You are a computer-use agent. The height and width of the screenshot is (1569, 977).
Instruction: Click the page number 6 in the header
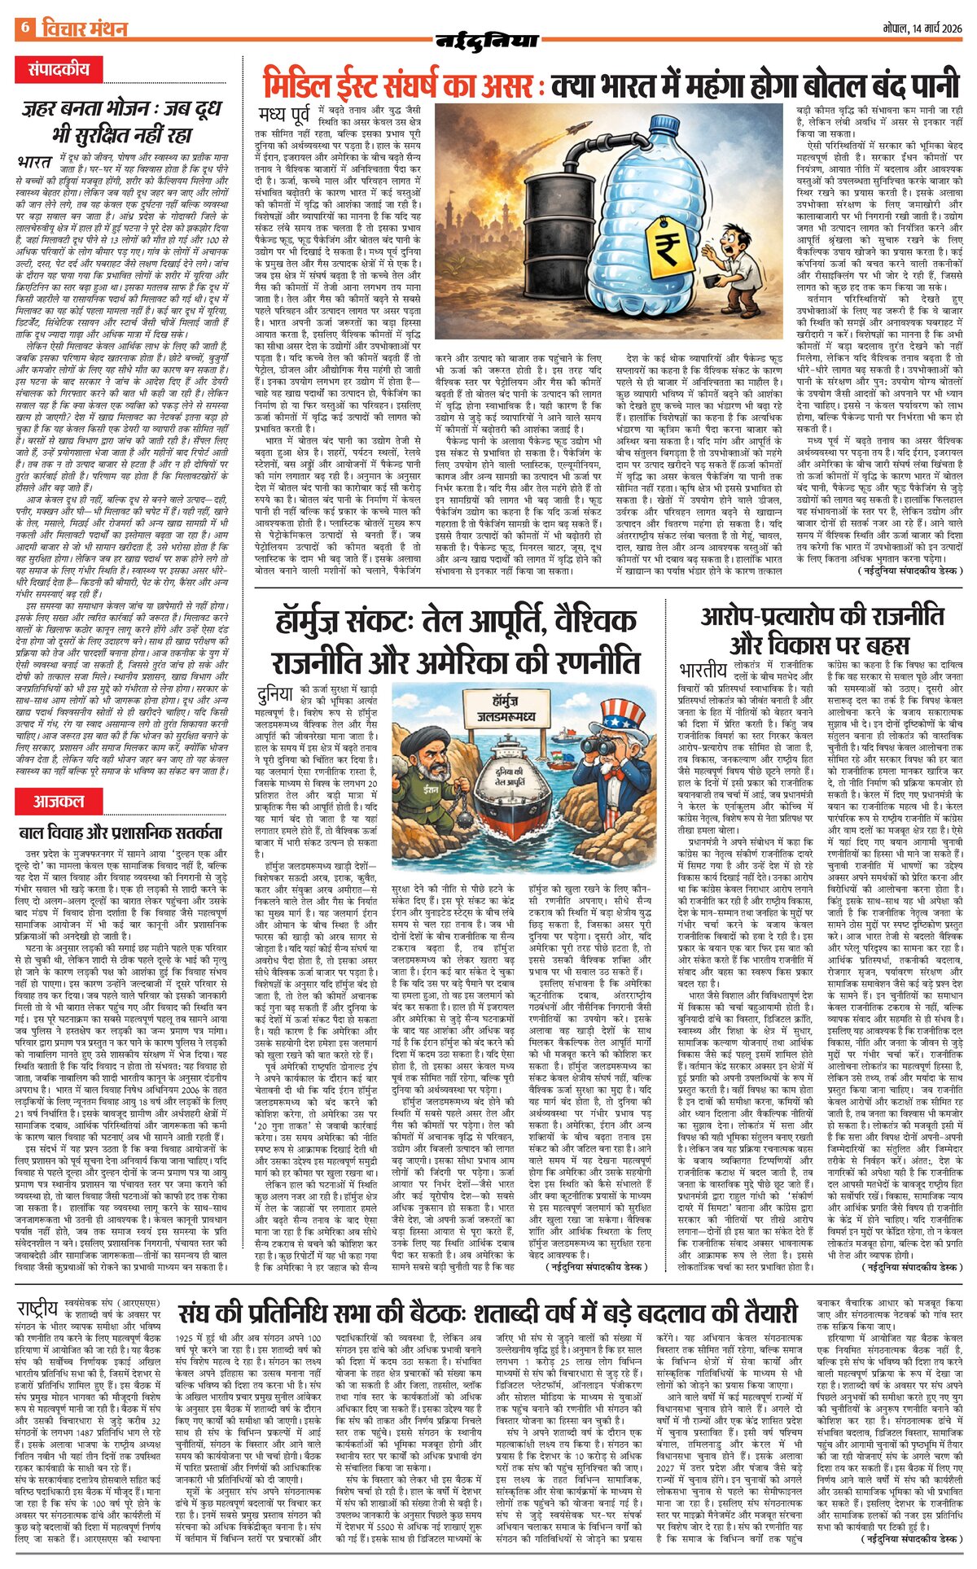tap(24, 28)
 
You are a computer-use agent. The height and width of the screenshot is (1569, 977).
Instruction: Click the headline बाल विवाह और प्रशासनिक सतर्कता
tap(120, 833)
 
